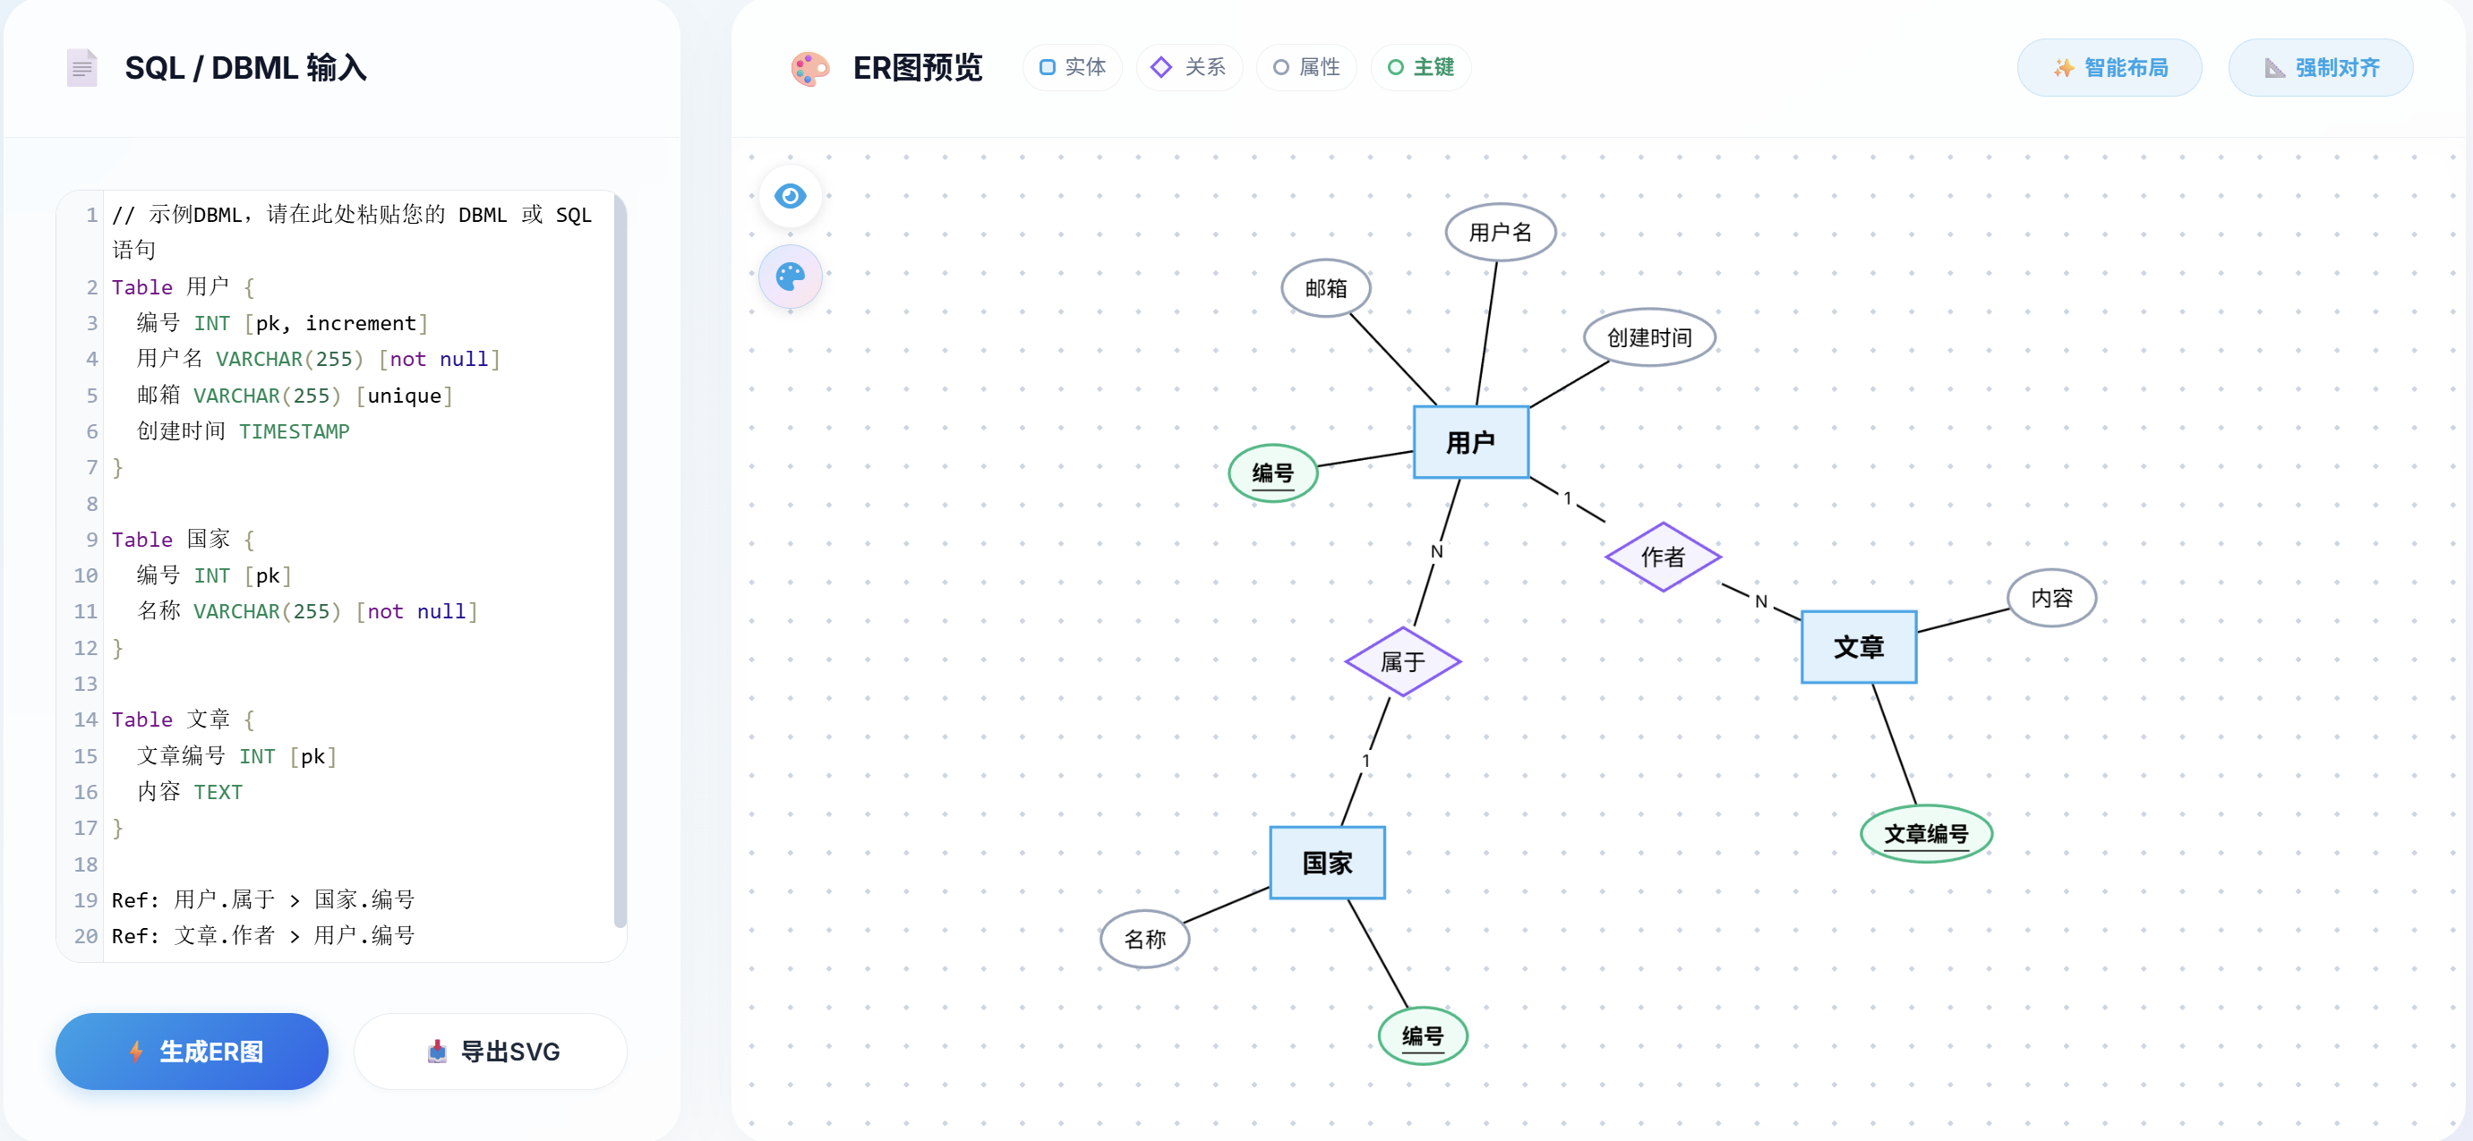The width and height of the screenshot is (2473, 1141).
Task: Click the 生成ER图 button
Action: (x=192, y=1051)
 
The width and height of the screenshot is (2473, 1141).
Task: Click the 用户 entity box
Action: (x=1470, y=442)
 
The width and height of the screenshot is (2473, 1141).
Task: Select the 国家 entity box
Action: (x=1327, y=863)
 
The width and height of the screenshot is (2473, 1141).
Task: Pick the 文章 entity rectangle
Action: (x=1858, y=647)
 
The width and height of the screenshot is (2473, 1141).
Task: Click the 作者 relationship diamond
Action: (x=1662, y=557)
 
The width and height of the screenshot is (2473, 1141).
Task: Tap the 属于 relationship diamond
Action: (x=1401, y=661)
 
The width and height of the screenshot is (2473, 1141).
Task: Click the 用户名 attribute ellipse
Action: (x=1500, y=233)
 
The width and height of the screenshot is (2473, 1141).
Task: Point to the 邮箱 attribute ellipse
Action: (x=1325, y=288)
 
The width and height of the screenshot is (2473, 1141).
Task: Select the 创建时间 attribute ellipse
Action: (x=1648, y=337)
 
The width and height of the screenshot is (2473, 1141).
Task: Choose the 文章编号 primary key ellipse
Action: (x=1925, y=834)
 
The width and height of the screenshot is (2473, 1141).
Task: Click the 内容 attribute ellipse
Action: (x=2050, y=598)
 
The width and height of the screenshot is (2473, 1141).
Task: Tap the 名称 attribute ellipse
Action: (x=1144, y=939)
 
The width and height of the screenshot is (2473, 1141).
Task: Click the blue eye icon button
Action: (x=790, y=196)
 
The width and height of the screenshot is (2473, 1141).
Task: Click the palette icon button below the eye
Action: (x=790, y=277)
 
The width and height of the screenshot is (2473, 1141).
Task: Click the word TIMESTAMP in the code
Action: (x=294, y=432)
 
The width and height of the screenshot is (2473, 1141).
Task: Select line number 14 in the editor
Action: (x=85, y=720)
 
